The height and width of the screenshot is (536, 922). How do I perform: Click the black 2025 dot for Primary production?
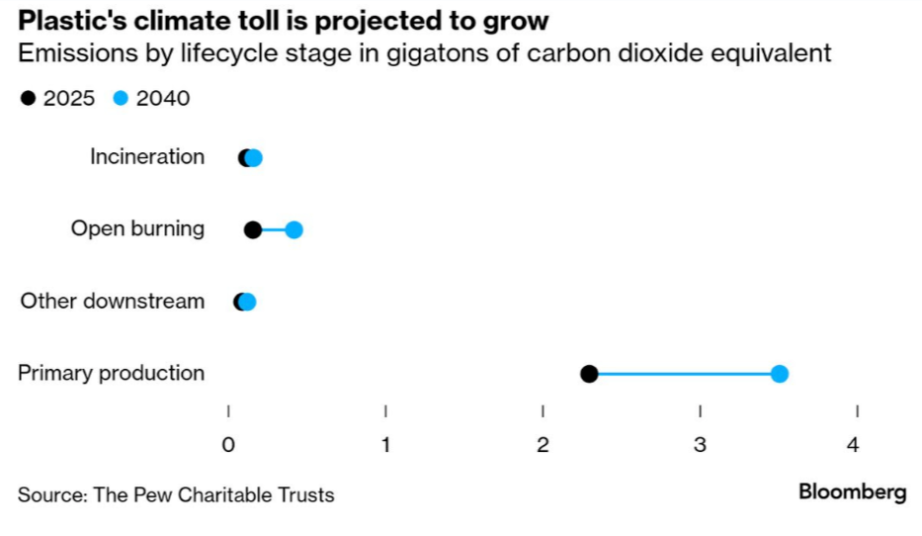pyautogui.click(x=589, y=374)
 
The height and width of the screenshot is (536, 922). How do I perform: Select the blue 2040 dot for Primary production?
pyautogui.click(x=779, y=374)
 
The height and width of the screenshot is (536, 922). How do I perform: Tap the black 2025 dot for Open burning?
pyautogui.click(x=253, y=230)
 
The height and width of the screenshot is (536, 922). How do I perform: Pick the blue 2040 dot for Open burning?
pyautogui.click(x=293, y=230)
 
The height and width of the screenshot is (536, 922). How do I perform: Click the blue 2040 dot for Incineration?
pyautogui.click(x=255, y=158)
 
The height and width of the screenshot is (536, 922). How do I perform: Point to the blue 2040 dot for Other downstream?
pyautogui.click(x=248, y=303)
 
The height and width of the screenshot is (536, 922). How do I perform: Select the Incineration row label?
pyautogui.click(x=147, y=157)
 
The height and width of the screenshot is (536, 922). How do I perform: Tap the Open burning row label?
pyautogui.click(x=137, y=229)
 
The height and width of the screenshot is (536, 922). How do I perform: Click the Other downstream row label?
pyautogui.click(x=112, y=302)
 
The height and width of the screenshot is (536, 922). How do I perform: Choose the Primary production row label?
pyautogui.click(x=111, y=374)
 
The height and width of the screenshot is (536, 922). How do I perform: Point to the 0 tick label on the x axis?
pyautogui.click(x=228, y=445)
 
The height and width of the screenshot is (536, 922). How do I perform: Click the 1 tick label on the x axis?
pyautogui.click(x=385, y=445)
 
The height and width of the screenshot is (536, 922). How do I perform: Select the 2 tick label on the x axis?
pyautogui.click(x=543, y=445)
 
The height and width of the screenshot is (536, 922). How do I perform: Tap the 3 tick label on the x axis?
pyautogui.click(x=700, y=445)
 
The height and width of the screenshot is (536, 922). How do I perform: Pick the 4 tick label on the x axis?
pyautogui.click(x=853, y=445)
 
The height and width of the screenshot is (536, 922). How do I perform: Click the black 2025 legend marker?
pyautogui.click(x=28, y=99)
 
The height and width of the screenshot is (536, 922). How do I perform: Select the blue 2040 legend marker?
pyautogui.click(x=122, y=99)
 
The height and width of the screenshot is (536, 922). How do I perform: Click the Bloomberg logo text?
pyautogui.click(x=852, y=491)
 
